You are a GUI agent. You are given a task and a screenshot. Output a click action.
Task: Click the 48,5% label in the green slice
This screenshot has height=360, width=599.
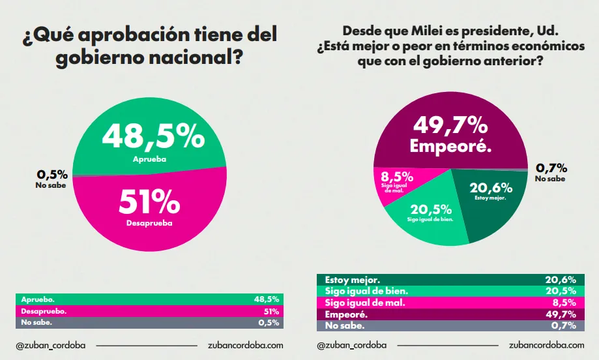click(153, 137)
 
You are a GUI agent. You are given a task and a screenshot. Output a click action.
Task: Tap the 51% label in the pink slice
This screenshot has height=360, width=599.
click(150, 203)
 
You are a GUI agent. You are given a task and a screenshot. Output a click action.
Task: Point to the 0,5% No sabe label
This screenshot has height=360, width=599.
click(52, 175)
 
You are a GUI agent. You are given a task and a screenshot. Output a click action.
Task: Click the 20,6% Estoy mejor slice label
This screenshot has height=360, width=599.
click(491, 188)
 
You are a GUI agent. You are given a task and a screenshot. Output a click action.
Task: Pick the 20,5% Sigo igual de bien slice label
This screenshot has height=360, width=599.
click(430, 209)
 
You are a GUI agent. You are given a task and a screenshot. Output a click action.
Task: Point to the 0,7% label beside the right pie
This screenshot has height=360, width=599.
click(551, 168)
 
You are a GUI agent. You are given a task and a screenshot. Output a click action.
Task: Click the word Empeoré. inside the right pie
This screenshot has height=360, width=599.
click(450, 146)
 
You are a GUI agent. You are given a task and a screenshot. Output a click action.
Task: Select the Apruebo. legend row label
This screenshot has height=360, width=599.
click(38, 299)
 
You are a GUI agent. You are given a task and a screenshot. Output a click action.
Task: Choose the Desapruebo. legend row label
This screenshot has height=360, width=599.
click(44, 311)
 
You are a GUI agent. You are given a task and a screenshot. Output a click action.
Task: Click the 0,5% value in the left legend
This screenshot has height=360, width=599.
click(269, 322)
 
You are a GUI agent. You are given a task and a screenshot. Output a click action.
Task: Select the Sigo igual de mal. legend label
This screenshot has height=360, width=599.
click(365, 303)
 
